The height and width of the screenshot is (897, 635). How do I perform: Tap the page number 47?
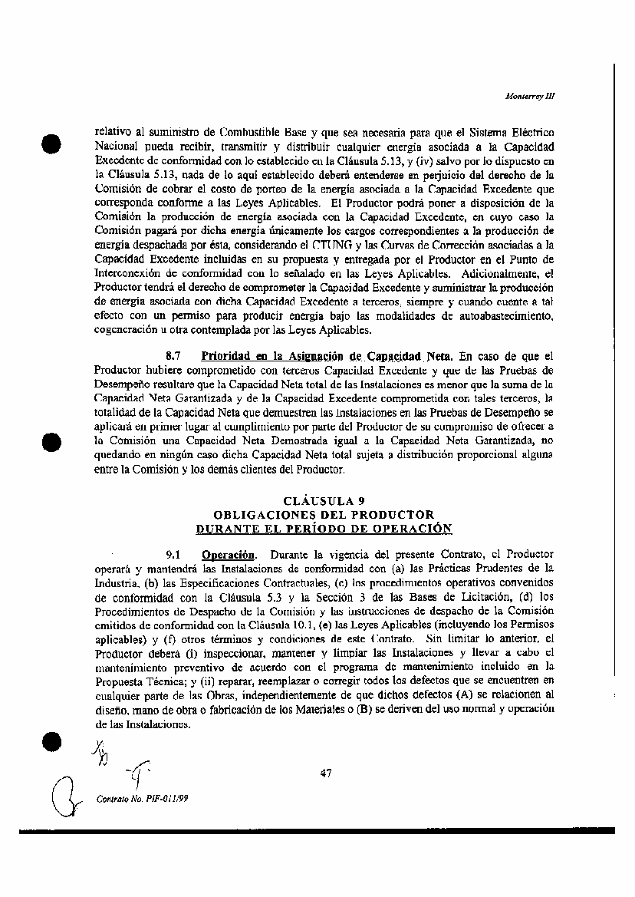click(x=325, y=773)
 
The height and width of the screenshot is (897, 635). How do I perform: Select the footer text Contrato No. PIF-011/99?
click(x=142, y=798)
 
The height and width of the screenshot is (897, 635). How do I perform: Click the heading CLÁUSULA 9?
click(x=324, y=501)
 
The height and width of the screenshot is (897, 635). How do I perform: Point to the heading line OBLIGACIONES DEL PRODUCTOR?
click(x=324, y=514)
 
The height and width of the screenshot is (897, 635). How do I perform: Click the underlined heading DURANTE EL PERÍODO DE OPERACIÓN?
click(x=324, y=528)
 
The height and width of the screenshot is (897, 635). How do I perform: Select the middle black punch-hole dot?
click(x=51, y=442)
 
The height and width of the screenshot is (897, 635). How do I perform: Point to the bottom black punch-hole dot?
click(x=51, y=740)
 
